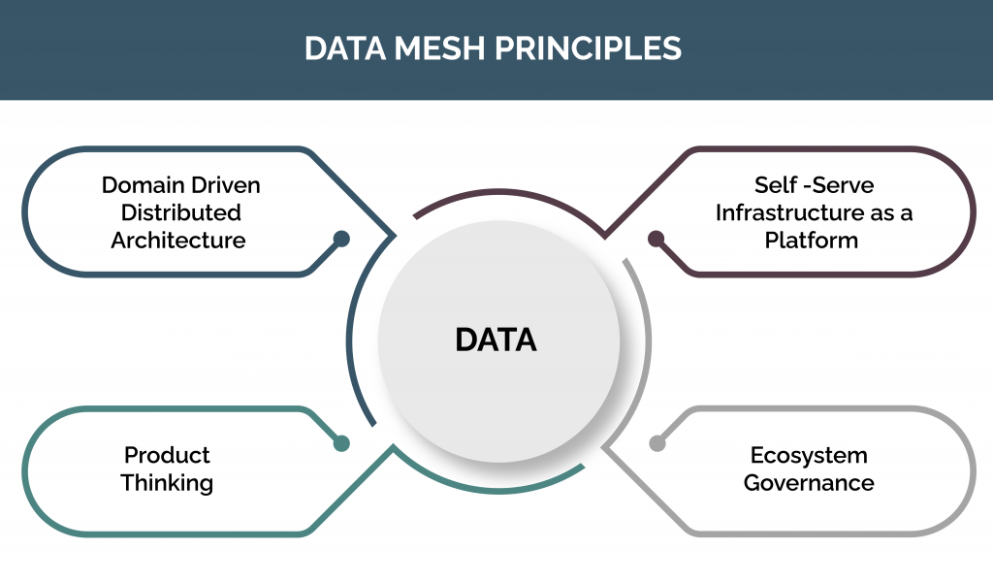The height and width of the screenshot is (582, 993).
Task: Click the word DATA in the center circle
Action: click(496, 339)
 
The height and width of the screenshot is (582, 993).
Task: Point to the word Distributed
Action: click(176, 211)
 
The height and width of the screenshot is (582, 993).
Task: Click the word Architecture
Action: click(177, 240)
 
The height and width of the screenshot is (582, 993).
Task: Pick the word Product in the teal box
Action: click(167, 455)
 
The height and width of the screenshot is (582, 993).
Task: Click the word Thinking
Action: click(167, 482)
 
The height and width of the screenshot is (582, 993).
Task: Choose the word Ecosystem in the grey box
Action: click(809, 455)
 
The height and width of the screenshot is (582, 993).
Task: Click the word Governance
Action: click(809, 482)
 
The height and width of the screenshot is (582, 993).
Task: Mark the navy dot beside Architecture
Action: click(341, 238)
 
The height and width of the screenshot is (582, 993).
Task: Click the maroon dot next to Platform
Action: click(657, 238)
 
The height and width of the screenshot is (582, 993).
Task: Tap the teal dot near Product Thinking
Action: click(341, 443)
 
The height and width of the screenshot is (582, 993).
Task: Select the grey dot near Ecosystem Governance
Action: click(657, 443)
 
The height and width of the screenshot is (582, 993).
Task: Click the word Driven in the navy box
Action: click(225, 184)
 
